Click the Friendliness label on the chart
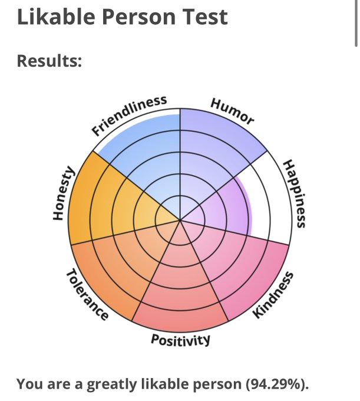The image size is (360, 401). [129, 115]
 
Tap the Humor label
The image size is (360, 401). [233, 111]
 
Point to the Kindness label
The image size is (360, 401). [273, 295]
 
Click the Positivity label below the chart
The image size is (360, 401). [180, 340]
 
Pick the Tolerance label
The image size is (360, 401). [87, 295]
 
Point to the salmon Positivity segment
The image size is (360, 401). [180, 289]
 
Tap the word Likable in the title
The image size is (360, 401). [57, 17]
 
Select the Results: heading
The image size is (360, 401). [49, 61]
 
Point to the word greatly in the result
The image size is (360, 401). [112, 384]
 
